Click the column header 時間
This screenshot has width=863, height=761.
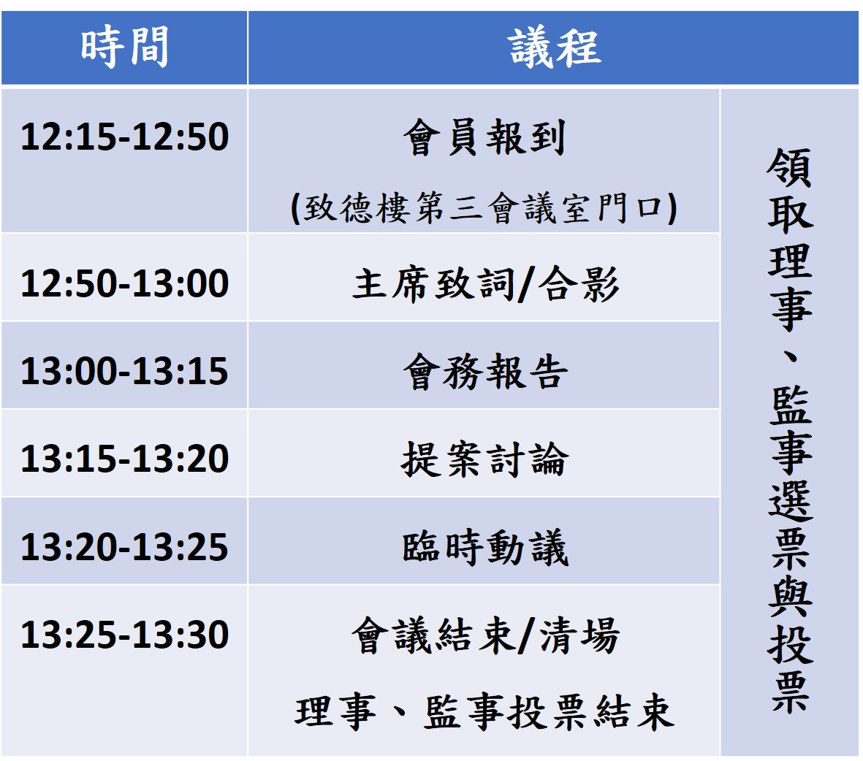(124, 47)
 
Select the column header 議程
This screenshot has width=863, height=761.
(554, 47)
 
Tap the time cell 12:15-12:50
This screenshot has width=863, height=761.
(124, 137)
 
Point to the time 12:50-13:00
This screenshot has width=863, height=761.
(124, 283)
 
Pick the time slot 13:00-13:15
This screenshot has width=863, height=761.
(124, 371)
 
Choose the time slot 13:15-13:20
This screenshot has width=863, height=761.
(124, 459)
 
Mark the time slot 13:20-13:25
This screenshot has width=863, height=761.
(124, 546)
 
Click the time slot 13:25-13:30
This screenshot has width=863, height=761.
(124, 635)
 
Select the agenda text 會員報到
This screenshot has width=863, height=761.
(484, 137)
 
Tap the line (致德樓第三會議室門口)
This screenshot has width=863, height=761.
(484, 208)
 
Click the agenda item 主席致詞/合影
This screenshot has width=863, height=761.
(485, 284)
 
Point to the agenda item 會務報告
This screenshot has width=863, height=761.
(484, 372)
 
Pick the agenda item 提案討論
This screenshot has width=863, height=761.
(484, 459)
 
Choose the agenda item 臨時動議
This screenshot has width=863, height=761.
(484, 548)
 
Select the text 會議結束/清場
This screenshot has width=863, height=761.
(485, 635)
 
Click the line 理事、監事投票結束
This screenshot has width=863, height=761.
(484, 712)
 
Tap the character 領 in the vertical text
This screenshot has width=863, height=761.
(790, 168)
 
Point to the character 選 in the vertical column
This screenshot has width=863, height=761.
(791, 501)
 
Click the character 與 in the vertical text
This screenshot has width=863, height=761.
(791, 597)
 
